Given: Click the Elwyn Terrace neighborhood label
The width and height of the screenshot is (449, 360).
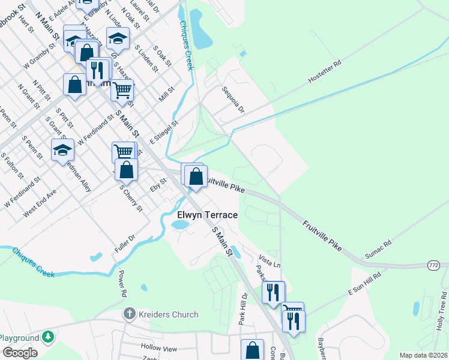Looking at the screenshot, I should (x=207, y=215).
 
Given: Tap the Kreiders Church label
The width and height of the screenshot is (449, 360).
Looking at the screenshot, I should (x=168, y=314).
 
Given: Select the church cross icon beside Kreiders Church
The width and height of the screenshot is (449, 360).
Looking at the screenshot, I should (x=128, y=314).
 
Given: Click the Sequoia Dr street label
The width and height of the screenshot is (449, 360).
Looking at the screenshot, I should (x=233, y=100).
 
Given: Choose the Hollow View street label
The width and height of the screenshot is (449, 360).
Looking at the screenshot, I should (x=159, y=348).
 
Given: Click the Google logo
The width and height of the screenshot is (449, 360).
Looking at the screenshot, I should (x=20, y=353).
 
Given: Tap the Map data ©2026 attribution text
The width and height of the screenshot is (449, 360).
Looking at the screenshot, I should (x=423, y=355).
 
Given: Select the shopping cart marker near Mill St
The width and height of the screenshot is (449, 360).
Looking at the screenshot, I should (x=122, y=90).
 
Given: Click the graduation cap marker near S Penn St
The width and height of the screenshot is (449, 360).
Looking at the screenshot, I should (x=62, y=151).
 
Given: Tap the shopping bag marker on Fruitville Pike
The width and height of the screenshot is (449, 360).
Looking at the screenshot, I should (x=196, y=176).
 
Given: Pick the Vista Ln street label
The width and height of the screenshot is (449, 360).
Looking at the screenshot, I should (x=270, y=260).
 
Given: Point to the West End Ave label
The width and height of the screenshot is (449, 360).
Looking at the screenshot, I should (x=40, y=203).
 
